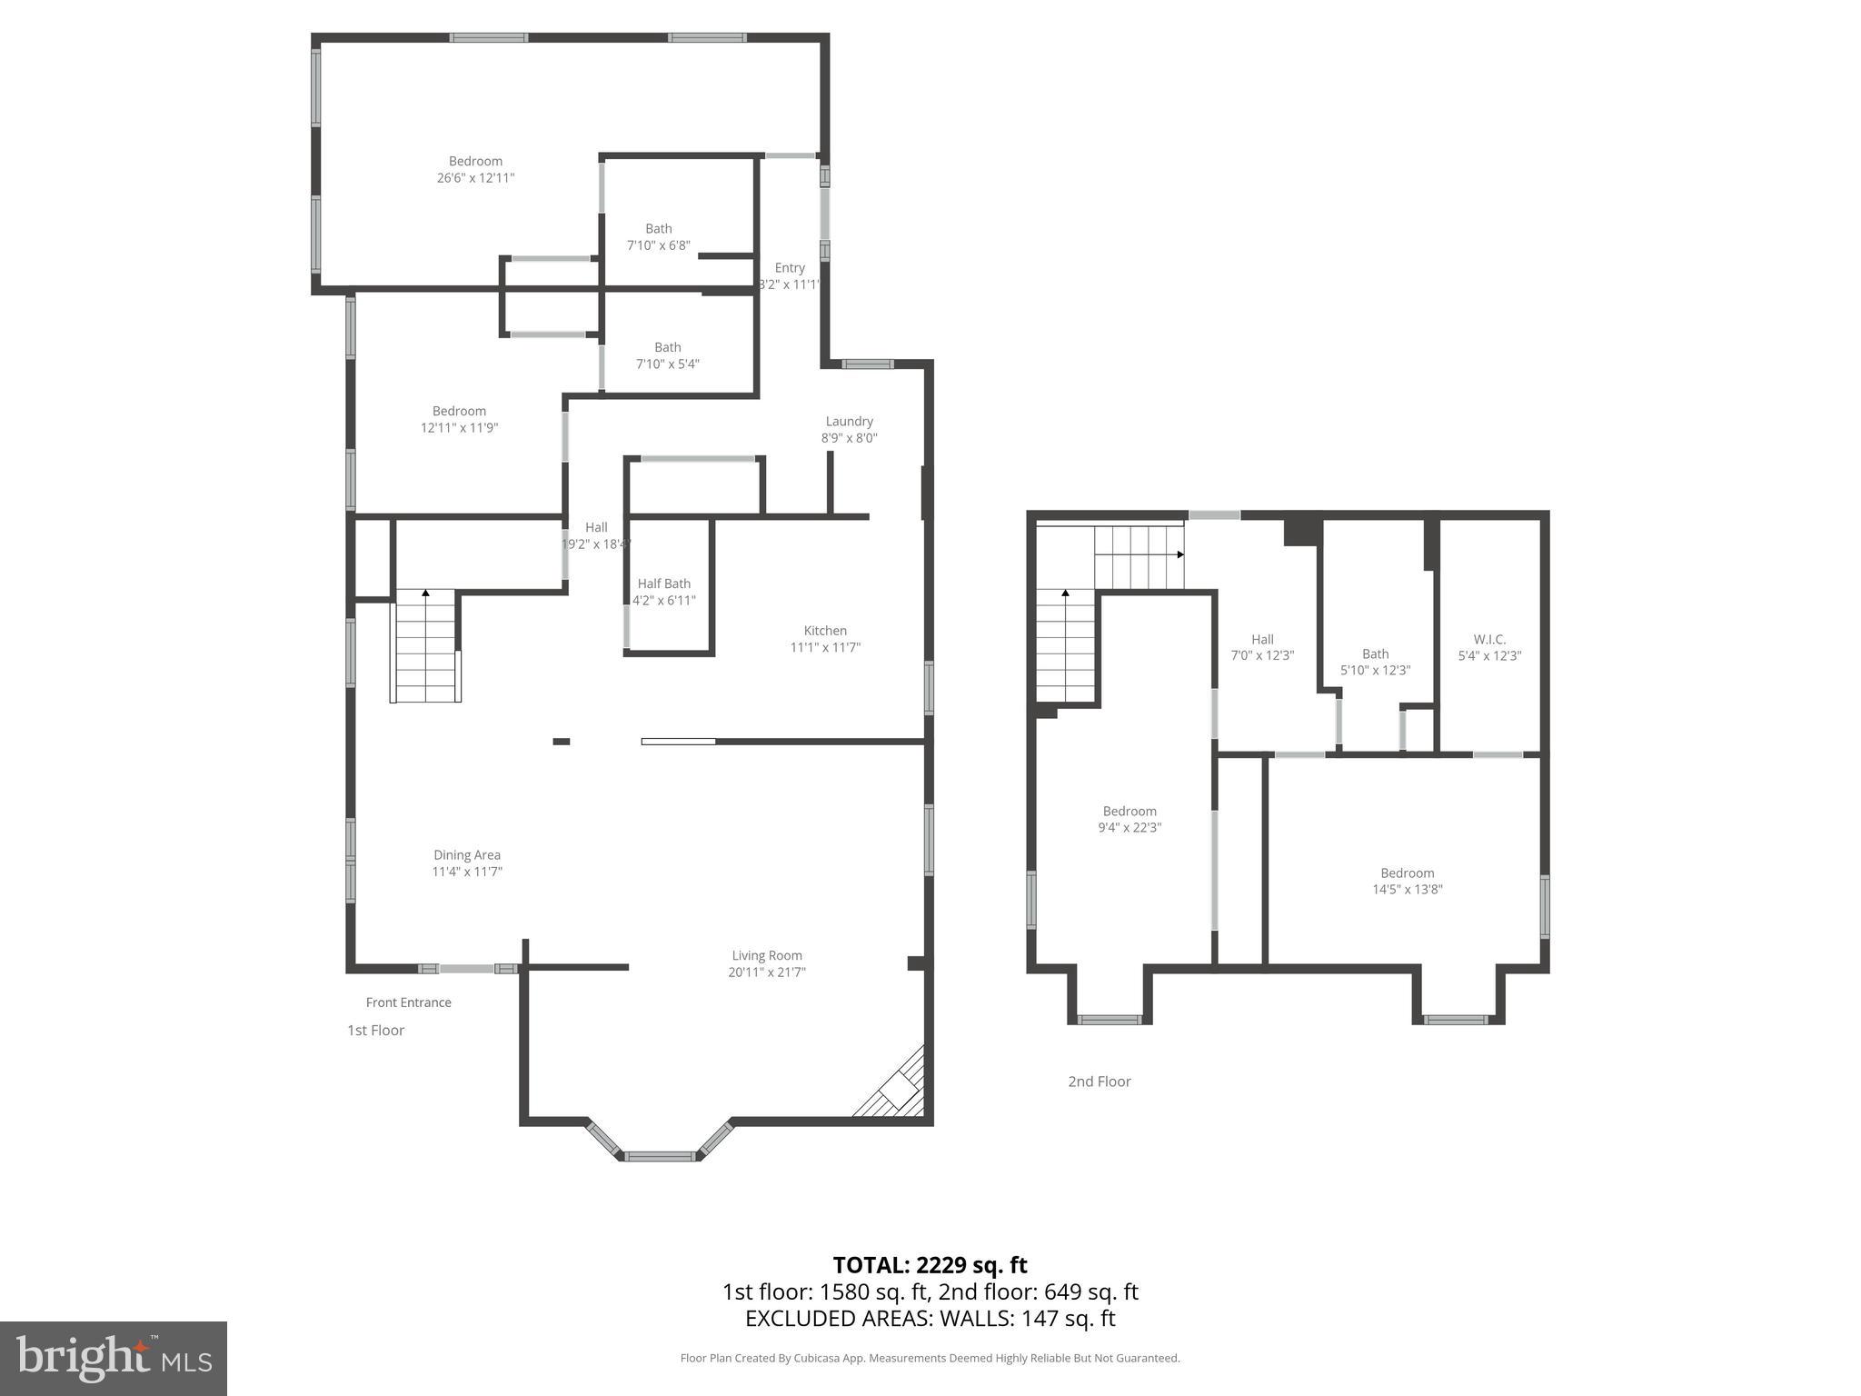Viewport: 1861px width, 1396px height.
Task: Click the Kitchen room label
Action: click(825, 631)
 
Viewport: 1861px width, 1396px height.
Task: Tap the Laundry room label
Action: click(849, 422)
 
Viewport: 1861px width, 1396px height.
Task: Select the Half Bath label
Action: click(663, 583)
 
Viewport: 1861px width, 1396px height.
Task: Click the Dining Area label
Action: click(466, 855)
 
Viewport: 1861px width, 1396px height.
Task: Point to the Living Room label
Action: click(767, 955)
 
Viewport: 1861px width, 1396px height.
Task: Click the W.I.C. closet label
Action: click(1489, 639)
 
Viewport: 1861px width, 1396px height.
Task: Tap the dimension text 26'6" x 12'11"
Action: click(475, 178)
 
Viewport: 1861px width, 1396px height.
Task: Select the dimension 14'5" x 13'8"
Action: click(1407, 890)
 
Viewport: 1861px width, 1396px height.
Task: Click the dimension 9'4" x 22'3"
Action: click(1130, 828)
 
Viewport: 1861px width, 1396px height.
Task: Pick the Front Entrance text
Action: click(408, 1002)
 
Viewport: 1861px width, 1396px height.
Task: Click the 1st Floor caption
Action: click(375, 1030)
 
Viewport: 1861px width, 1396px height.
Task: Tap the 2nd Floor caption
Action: click(1099, 1082)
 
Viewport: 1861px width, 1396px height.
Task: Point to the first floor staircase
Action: click(425, 645)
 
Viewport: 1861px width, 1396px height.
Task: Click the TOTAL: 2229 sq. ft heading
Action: click(930, 1265)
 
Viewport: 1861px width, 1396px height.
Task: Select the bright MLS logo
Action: click(113, 1359)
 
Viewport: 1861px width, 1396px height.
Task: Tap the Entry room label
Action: click(789, 268)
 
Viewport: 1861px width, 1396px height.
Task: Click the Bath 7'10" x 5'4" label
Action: click(667, 347)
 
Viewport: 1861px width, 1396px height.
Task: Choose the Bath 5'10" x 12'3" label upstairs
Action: click(1375, 654)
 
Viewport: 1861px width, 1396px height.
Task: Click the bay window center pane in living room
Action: click(660, 1156)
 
